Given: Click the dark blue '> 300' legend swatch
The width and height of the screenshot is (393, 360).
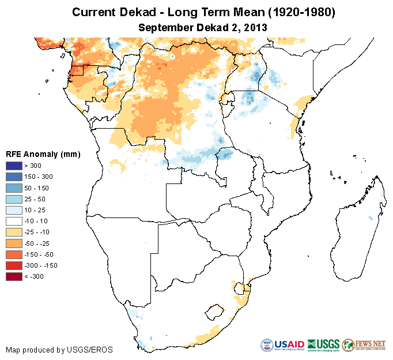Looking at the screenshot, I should pos(14,166).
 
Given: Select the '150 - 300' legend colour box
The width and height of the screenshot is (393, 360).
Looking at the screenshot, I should pos(14,177).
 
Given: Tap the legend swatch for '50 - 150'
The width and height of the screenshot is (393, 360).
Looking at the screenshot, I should pos(14,188).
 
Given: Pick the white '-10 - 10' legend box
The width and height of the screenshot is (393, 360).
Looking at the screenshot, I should pos(14,221).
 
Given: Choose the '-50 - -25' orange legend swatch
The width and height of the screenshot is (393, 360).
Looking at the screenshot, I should pos(14,243).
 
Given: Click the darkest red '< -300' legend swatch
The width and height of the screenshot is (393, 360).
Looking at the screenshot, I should pos(14,276).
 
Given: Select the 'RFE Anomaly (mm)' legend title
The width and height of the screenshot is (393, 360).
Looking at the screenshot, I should pos(43,155).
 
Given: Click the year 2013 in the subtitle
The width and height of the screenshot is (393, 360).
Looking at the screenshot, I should pos(254,27).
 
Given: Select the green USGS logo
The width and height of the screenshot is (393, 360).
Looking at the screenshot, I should pos(324,345).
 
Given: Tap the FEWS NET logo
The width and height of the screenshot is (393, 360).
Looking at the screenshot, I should pos(364,345).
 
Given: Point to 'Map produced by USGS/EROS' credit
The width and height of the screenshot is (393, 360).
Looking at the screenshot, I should pos(59,350).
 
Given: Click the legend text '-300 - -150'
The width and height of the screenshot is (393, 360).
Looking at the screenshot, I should pos(42,265).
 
